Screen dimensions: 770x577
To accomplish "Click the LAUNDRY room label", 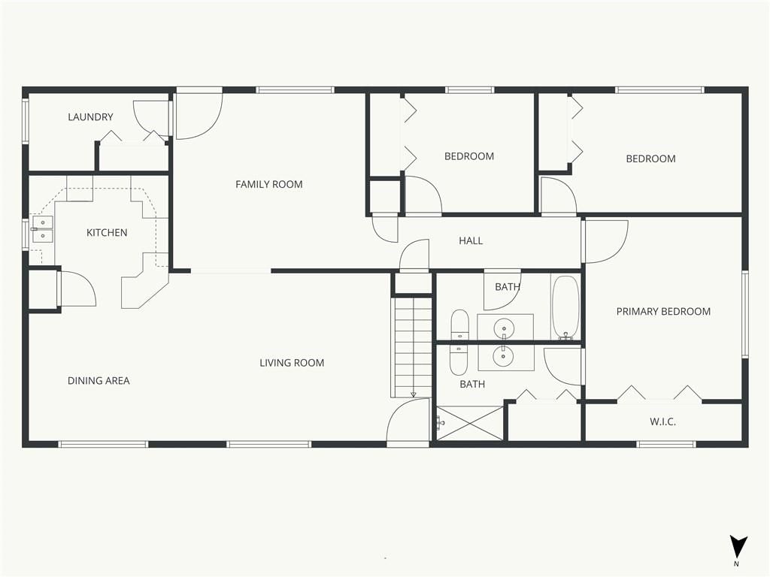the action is point(90,116).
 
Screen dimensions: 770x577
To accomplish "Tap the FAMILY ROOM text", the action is point(268,185).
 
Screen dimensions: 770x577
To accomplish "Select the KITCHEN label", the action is point(107,233).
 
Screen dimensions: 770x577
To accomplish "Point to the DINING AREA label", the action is point(99,381).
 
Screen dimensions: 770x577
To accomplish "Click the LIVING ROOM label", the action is point(292,363).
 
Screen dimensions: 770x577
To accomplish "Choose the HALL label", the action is point(471,241).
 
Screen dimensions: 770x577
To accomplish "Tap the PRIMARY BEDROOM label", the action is point(663,312).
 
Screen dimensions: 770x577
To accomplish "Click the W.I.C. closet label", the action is point(662,421).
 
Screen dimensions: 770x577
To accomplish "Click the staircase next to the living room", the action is point(412,346).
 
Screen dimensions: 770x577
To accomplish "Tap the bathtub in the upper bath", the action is point(565,307).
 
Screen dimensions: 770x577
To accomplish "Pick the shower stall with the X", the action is point(470,423).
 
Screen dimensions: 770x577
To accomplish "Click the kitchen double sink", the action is point(43,230).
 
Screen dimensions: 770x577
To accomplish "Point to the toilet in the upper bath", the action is point(459,325).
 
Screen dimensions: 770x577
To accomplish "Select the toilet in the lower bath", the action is point(459,360).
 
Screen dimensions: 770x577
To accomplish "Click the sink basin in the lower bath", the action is point(503,357).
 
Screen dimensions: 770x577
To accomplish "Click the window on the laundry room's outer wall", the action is point(26,121).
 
